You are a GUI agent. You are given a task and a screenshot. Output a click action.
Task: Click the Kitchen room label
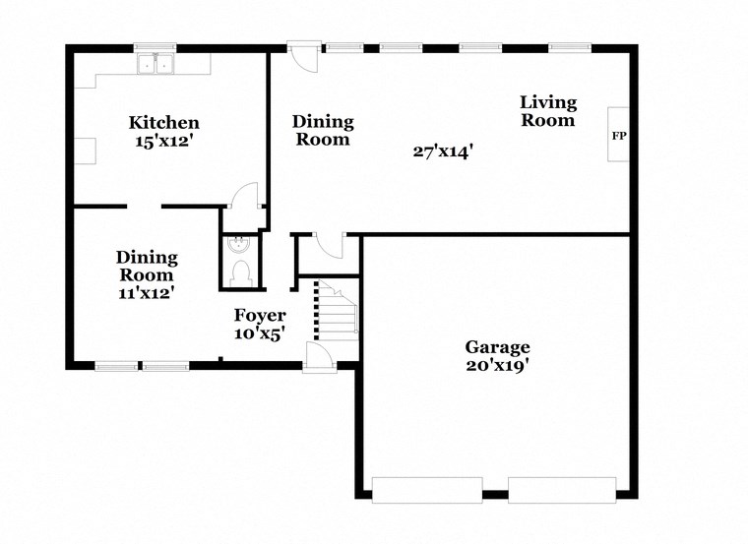(x=164, y=123)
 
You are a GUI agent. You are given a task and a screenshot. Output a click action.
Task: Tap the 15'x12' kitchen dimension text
(x=164, y=141)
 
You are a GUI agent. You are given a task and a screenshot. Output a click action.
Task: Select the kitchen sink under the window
(x=156, y=65)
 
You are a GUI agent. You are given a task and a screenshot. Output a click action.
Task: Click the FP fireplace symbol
(x=618, y=136)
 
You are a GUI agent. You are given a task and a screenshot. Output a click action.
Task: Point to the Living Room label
(x=548, y=111)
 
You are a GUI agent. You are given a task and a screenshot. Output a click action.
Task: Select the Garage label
(x=497, y=347)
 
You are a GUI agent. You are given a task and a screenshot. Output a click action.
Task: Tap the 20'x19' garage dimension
(x=497, y=365)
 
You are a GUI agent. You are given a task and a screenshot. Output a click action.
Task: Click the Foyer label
(x=260, y=316)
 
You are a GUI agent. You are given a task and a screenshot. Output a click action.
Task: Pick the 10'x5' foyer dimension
(x=260, y=333)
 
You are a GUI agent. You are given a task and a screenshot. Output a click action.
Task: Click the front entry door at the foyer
(x=320, y=357)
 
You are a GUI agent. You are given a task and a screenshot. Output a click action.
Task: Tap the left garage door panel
(x=426, y=489)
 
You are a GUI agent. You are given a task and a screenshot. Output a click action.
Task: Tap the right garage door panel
(x=561, y=489)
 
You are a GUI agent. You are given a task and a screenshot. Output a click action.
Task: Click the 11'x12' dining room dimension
(x=147, y=292)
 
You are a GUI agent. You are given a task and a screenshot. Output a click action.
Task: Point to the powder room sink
(x=239, y=244)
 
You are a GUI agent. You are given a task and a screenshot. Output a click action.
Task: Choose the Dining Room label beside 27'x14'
(x=323, y=130)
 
